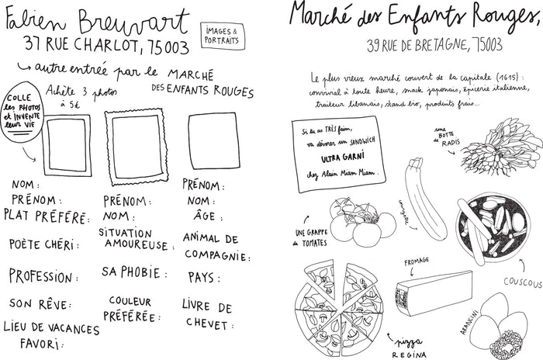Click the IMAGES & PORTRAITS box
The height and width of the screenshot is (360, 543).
click(220, 35)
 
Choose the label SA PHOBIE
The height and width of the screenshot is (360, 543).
click(134, 273)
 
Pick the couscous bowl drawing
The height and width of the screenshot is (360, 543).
click(496, 227)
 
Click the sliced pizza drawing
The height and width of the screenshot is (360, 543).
click(342, 301)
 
